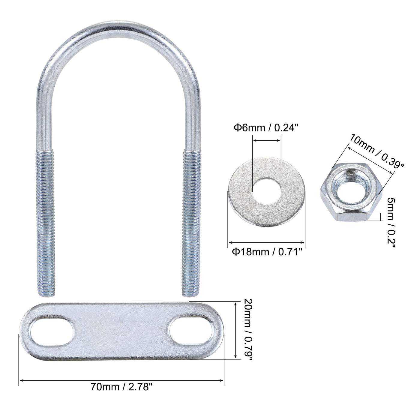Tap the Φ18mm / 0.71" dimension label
[267, 252]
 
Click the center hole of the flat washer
[266, 190]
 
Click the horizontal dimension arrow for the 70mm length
[121, 381]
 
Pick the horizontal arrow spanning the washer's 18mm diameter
[267, 242]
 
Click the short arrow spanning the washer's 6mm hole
[267, 139]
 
